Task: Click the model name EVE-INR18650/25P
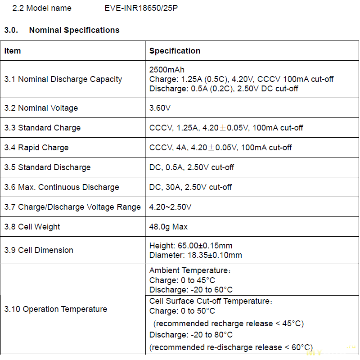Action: pyautogui.click(x=141, y=8)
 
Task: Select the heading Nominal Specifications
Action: pyautogui.click(x=74, y=30)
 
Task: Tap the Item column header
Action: pyautogui.click(x=13, y=51)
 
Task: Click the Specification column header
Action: pyautogui.click(x=175, y=51)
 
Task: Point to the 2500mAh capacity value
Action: pyautogui.click(x=166, y=70)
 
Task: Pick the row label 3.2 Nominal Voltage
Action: pyautogui.click(x=41, y=108)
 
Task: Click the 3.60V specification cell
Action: pyautogui.click(x=160, y=108)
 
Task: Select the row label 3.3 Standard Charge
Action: pyautogui.click(x=42, y=128)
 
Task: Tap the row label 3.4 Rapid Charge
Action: pyautogui.click(x=36, y=148)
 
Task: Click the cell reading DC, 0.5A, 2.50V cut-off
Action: pyautogui.click(x=192, y=167)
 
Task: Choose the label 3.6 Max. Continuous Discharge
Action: pyautogui.click(x=62, y=187)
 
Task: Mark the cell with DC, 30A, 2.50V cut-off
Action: pyautogui.click(x=190, y=187)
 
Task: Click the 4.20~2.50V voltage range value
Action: pyautogui.click(x=170, y=207)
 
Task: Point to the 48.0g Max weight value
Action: pyautogui.click(x=168, y=227)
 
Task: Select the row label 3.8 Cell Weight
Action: pyautogui.click(x=32, y=227)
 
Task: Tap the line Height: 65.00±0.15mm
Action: pyautogui.click(x=191, y=246)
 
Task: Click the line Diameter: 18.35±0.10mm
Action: pyautogui.click(x=195, y=255)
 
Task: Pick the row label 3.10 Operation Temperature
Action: pyautogui.click(x=56, y=309)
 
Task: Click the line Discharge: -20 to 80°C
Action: pyautogui.click(x=191, y=335)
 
